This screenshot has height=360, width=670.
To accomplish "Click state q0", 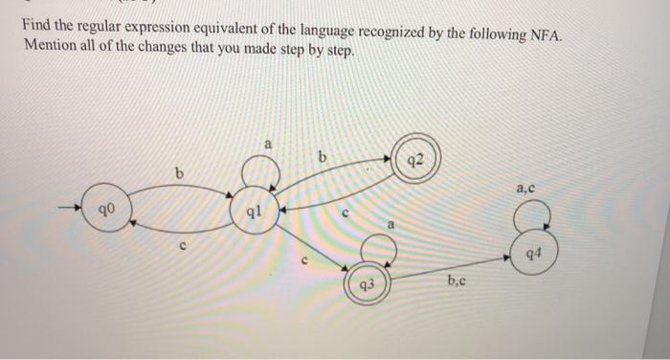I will (109, 207).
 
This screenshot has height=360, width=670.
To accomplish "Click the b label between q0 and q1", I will (178, 171).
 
